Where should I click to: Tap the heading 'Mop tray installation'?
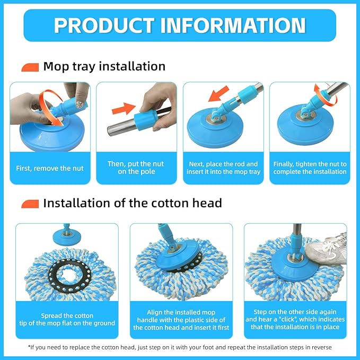tap(104, 66)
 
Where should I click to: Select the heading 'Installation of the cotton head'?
tap(132, 203)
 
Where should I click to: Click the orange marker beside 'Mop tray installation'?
tap(30, 67)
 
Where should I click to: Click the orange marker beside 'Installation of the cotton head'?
tap(30, 204)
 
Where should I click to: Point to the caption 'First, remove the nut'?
tap(50, 168)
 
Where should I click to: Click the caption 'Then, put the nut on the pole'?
tap(136, 168)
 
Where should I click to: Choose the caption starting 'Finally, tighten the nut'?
tap(310, 168)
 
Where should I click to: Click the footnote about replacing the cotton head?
tap(180, 347)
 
